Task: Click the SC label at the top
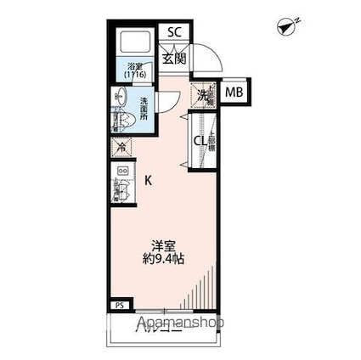click(x=175, y=32)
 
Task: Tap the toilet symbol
click(x=119, y=121)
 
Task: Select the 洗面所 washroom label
click(x=144, y=110)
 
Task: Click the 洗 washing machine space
click(x=203, y=96)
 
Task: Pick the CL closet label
click(x=200, y=142)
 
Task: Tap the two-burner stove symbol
click(x=122, y=172)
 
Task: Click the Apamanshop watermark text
click(x=179, y=323)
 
